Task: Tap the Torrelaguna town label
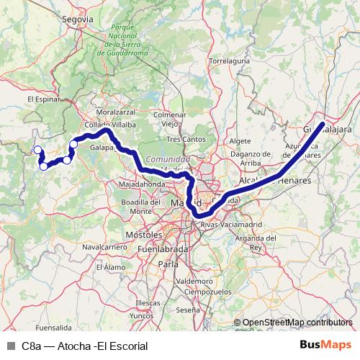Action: tap(230, 61)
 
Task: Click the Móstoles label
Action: tap(143, 235)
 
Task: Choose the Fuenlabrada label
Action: tap(163, 249)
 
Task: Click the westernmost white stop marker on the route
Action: tap(37, 150)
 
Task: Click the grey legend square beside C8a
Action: tap(11, 346)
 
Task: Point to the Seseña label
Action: tap(188, 310)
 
